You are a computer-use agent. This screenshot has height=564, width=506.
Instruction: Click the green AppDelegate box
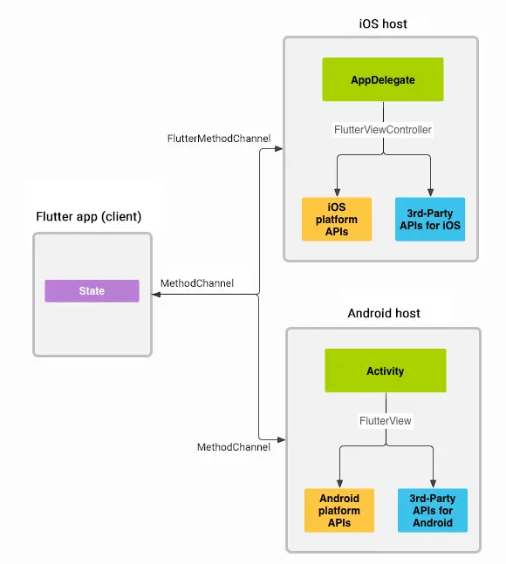point(383,79)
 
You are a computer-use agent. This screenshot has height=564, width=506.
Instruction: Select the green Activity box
point(385,370)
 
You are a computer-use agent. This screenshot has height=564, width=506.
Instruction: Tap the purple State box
point(92,291)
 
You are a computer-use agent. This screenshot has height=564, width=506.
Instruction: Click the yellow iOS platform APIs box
point(336,219)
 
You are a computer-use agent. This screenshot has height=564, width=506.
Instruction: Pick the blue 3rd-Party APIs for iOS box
point(429,219)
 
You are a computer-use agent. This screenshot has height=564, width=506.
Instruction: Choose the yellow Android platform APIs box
point(338,510)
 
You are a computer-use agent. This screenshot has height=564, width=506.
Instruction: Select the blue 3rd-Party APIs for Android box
point(432,510)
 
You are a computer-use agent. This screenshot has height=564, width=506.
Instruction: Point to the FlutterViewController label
point(383,129)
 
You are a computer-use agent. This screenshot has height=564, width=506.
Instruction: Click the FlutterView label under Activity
point(385,420)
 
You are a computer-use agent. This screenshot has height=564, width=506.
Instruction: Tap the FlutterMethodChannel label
point(219,139)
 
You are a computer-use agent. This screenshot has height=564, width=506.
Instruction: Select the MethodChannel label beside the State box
point(197,283)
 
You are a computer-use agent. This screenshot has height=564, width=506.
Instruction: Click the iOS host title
point(382,24)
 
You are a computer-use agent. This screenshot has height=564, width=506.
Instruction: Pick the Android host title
point(383,313)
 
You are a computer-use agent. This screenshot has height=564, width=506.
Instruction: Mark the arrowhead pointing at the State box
point(157,296)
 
